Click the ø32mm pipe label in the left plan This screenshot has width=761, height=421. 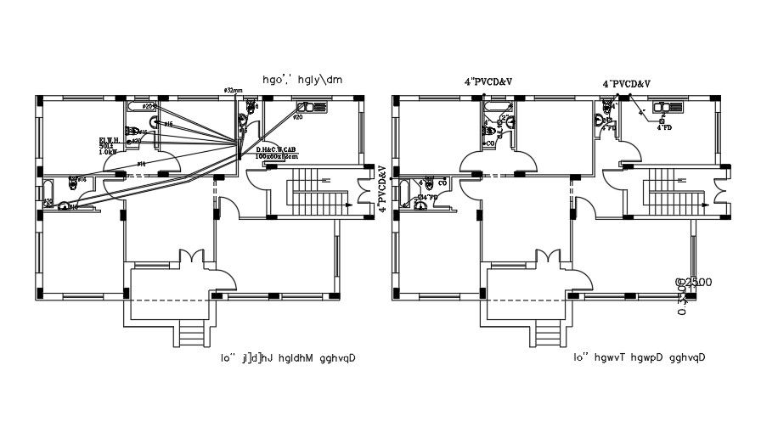point(233,89)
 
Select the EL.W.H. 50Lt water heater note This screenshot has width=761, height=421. point(110,145)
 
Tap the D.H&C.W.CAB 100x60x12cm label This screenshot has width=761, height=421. point(277,153)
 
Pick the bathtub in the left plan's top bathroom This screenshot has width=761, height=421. point(144,107)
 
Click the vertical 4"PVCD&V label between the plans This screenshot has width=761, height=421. point(383,188)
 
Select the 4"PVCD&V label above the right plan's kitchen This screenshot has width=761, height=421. point(626,84)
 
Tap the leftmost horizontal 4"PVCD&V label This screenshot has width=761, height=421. point(488,81)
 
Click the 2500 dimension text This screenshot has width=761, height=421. point(694,282)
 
